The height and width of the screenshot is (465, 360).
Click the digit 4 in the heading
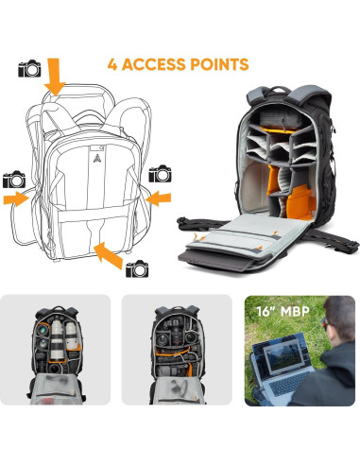pos(114,65)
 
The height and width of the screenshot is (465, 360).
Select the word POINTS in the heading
pos(221,65)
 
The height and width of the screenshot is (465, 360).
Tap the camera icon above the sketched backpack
pos(30,68)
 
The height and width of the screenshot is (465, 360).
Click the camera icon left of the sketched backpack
pos(14,179)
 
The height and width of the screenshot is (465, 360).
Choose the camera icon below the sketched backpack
pos(137,267)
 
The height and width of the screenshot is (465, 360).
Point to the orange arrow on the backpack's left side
pos(16,198)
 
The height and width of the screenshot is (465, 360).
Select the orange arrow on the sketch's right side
pos(160,197)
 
